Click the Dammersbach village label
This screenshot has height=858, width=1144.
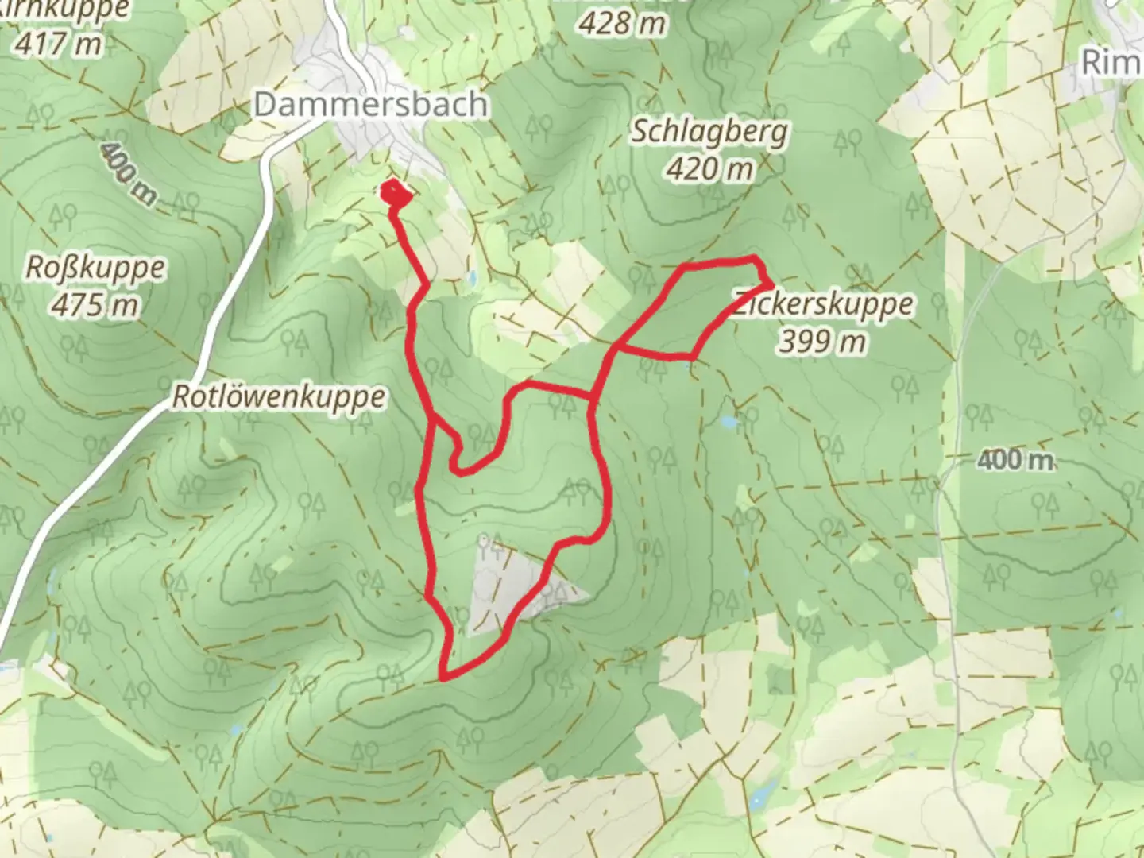pos(370,104)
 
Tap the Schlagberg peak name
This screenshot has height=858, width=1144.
pos(709,132)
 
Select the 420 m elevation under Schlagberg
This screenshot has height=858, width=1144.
pos(709,168)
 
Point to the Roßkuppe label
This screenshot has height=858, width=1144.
pos(95,268)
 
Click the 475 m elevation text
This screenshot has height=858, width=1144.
pos(95,304)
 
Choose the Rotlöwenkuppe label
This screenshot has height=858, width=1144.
pos(280,396)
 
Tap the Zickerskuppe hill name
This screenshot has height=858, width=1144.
pos(823,304)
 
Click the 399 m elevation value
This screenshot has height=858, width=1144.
pos(822,342)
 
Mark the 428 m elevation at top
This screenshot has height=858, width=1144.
pos(621,24)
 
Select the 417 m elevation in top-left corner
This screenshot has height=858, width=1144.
pos(58,43)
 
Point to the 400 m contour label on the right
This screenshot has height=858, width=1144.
pos(1015,459)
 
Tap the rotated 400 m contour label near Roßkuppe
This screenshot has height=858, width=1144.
pos(128,174)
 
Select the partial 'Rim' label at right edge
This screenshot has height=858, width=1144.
pos(1112,62)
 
